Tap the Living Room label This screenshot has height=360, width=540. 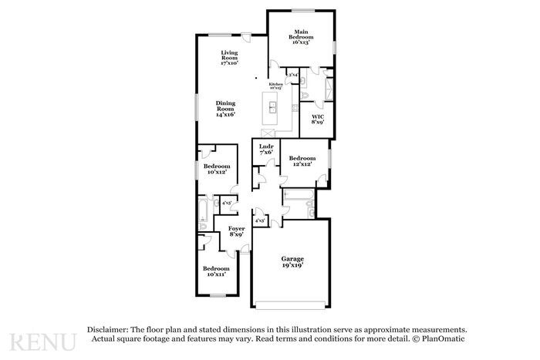click(x=229, y=57)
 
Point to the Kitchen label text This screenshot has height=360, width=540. click(x=275, y=84)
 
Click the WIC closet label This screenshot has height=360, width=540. click(x=317, y=119)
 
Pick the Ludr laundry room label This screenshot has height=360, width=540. click(x=265, y=149)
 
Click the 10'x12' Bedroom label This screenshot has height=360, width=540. click(x=217, y=169)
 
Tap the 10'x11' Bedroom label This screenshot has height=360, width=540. click(x=216, y=271)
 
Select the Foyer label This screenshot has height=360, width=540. click(x=236, y=230)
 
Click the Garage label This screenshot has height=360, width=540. click(x=292, y=261)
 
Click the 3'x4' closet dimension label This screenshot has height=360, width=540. click(x=293, y=75)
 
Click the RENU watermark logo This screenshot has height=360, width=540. click(x=42, y=341)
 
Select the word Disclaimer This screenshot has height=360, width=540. click(x=107, y=329)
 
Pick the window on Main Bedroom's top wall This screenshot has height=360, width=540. click(x=301, y=9)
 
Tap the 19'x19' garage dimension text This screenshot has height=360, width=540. click(x=292, y=265)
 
